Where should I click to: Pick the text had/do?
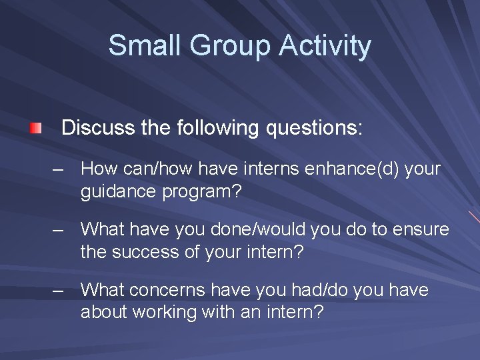click(x=326, y=291)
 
